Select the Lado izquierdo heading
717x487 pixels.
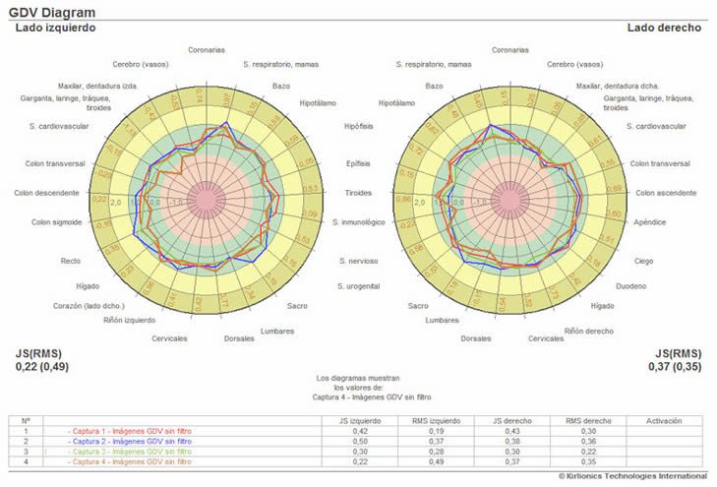[x=55, y=28]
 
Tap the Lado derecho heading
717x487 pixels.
[x=664, y=28]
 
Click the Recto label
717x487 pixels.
[x=70, y=261]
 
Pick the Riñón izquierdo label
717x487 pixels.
[x=129, y=321]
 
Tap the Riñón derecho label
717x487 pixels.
[x=588, y=332]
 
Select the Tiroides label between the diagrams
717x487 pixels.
[x=358, y=192]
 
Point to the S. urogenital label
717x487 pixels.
[x=359, y=286]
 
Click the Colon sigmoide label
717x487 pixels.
[x=56, y=222]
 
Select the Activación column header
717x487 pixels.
[x=664, y=420]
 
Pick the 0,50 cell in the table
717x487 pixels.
[x=361, y=441]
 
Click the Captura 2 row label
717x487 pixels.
[x=130, y=441]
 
